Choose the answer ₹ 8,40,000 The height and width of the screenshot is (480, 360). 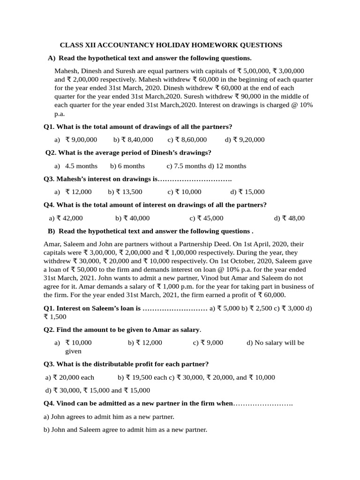point(136,140)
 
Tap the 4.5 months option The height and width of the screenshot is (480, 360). point(81,166)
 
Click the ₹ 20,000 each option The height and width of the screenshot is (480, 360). point(73,377)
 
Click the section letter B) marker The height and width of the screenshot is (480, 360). point(52,231)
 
